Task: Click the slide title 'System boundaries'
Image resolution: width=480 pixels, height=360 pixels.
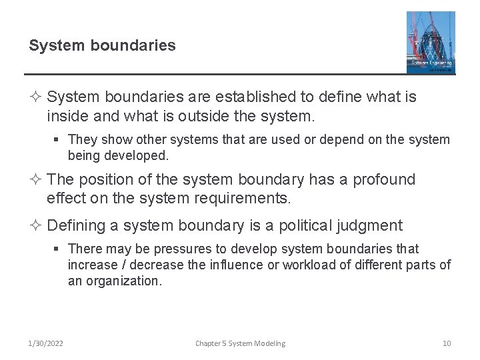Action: click(102, 45)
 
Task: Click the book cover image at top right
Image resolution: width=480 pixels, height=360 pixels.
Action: click(431, 42)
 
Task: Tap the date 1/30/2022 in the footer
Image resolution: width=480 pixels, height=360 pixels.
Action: click(46, 343)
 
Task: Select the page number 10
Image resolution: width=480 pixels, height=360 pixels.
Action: click(447, 343)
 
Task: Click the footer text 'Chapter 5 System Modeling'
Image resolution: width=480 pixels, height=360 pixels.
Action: click(240, 343)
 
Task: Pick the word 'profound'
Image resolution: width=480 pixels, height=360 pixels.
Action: click(382, 180)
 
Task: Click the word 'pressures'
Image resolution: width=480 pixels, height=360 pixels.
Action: click(180, 249)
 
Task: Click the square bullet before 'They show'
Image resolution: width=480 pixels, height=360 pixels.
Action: click(58, 140)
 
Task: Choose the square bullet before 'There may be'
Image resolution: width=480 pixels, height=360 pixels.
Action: click(58, 249)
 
